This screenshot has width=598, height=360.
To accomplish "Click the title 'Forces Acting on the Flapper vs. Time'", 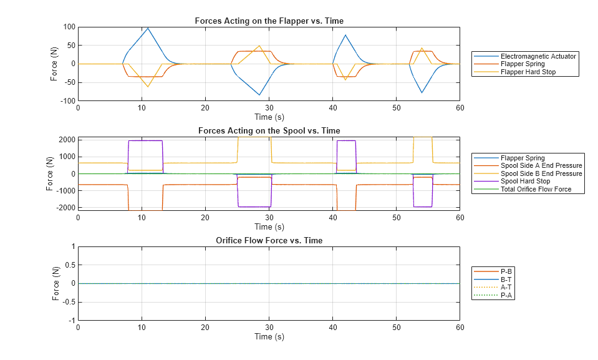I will (269, 21).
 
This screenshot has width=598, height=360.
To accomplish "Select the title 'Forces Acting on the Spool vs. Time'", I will (269, 130).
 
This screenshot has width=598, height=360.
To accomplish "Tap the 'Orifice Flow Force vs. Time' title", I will (269, 240).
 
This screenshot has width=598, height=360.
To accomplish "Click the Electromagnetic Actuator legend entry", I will (538, 56).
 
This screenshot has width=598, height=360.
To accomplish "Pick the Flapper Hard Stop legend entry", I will (528, 72).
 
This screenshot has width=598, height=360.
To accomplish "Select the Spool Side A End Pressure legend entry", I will (541, 166).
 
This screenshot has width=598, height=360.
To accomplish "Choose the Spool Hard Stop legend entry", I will (525, 182).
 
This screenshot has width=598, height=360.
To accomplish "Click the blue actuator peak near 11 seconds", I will (148, 28).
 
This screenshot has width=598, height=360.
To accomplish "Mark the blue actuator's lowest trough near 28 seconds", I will (259, 95).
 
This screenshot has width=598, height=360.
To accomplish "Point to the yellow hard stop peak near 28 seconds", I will (259, 46).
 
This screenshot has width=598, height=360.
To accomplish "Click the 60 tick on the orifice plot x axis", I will (460, 327).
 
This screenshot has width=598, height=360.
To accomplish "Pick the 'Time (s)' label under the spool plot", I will (269, 226).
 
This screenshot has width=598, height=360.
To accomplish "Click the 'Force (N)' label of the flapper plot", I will (54, 64).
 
